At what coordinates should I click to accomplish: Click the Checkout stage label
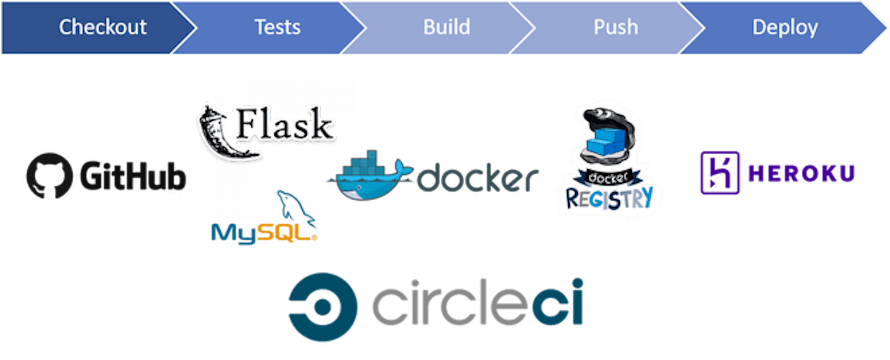pyautogui.click(x=103, y=27)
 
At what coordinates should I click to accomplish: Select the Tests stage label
pyautogui.click(x=278, y=27)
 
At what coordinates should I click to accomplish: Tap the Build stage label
pyautogui.click(x=447, y=27)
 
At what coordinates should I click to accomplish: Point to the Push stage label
pyautogui.click(x=616, y=27)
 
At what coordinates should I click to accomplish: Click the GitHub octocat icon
pyautogui.click(x=49, y=176)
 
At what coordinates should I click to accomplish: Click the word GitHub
pyautogui.click(x=133, y=176)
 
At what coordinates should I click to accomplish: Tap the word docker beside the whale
pyautogui.click(x=477, y=177)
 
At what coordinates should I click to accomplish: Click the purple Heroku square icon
pyautogui.click(x=720, y=173)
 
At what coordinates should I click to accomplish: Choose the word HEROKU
pyautogui.click(x=801, y=174)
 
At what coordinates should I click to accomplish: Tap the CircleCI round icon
pyautogui.click(x=323, y=307)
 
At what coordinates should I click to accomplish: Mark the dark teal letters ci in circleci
pyautogui.click(x=558, y=301)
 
